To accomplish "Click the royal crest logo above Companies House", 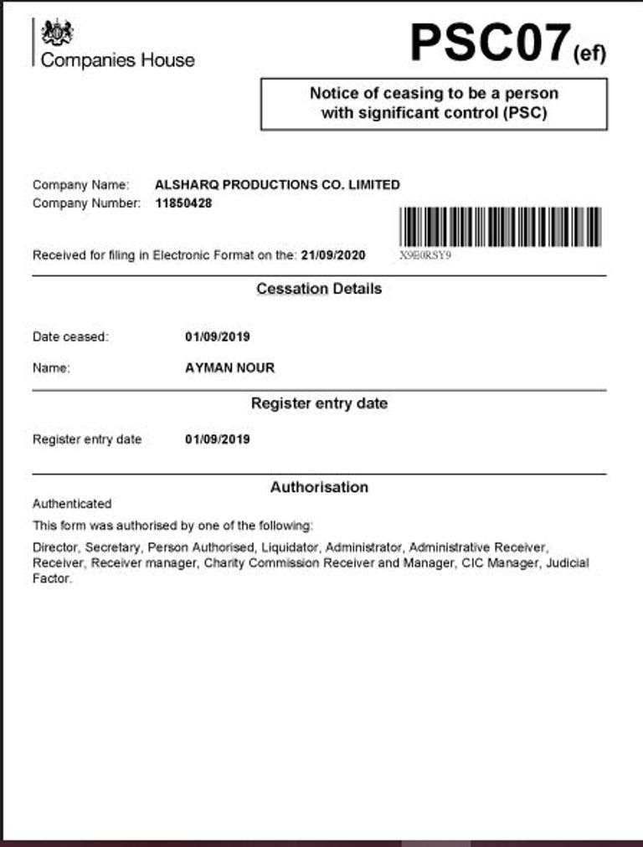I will (x=57, y=32).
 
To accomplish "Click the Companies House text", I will (x=117, y=60).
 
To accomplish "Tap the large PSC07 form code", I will (x=490, y=43).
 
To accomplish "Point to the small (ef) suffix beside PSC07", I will (x=589, y=54).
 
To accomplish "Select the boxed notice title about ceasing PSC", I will (x=434, y=103).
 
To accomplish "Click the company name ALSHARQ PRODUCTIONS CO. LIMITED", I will (x=277, y=185).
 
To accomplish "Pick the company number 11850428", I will (x=183, y=203).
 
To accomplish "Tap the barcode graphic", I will (x=501, y=226).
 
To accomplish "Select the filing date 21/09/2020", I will (x=333, y=255).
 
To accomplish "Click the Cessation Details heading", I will (x=319, y=289).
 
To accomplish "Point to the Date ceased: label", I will (x=70, y=337).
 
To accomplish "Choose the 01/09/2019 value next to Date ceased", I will (x=217, y=337).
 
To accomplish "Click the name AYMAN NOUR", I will (x=229, y=367).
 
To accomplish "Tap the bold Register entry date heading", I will (x=319, y=403).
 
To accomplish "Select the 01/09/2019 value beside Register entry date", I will (x=217, y=439).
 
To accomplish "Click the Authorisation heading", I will (x=319, y=487).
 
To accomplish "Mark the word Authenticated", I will (x=72, y=504).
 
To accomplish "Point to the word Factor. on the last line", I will (x=52, y=578).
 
